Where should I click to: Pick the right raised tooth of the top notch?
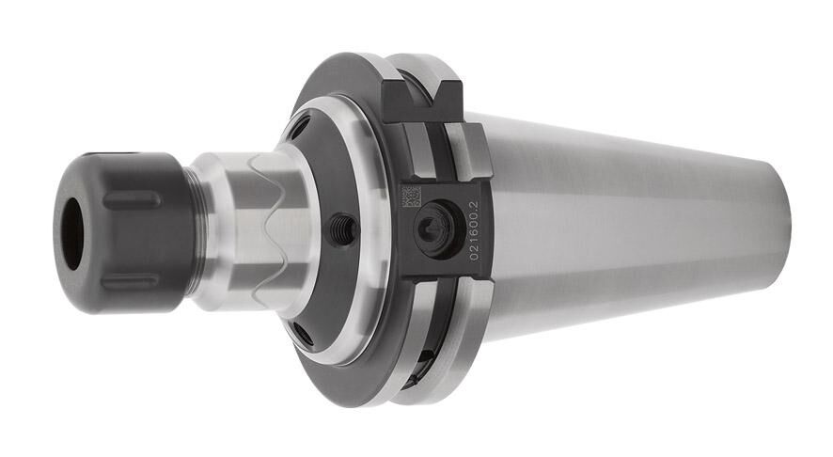(448, 90)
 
